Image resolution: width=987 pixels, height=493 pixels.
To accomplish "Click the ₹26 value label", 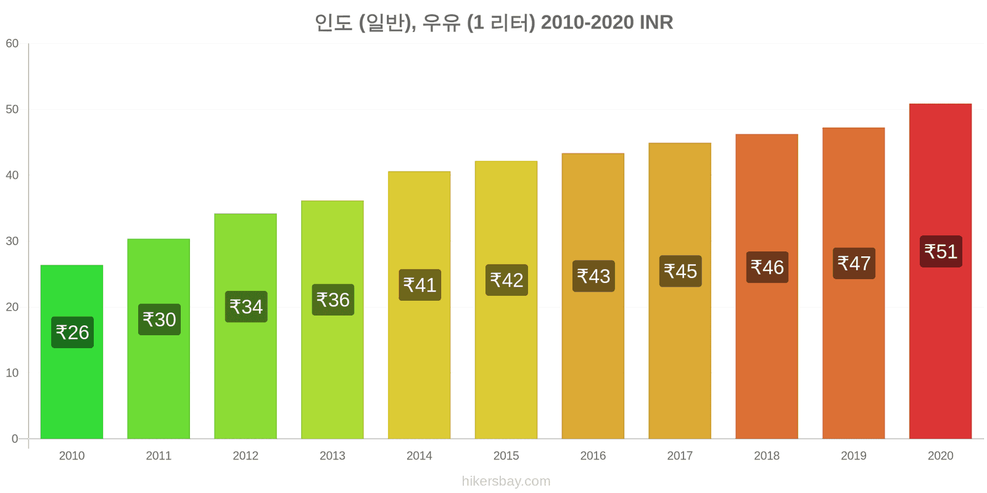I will (x=73, y=332).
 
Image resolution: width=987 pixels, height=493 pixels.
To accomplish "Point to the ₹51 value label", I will (x=941, y=251).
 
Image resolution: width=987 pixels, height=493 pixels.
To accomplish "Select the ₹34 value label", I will (x=246, y=306).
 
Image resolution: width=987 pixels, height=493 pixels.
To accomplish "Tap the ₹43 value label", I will (x=593, y=276).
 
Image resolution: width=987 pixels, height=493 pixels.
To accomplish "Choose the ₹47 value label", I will (x=854, y=263).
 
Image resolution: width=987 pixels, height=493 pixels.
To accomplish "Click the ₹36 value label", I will (x=333, y=299).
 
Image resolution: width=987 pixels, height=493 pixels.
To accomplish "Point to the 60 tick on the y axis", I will (x=12, y=44).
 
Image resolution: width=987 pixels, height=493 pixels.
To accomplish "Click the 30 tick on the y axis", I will (x=12, y=241).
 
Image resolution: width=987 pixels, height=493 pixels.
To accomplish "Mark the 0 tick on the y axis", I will (x=15, y=439).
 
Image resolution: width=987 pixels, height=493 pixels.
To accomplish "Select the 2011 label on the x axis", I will (x=159, y=455).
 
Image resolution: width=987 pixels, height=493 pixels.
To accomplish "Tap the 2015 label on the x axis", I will (x=506, y=455).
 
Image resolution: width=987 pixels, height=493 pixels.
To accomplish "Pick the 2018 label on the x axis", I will (x=767, y=455).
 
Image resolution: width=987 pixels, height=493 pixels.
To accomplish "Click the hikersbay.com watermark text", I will (x=506, y=481).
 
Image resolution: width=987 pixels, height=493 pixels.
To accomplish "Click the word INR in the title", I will (x=656, y=22).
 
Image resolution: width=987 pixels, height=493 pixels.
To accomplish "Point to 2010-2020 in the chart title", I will (x=587, y=22).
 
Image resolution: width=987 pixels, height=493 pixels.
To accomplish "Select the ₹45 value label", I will (x=680, y=271).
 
